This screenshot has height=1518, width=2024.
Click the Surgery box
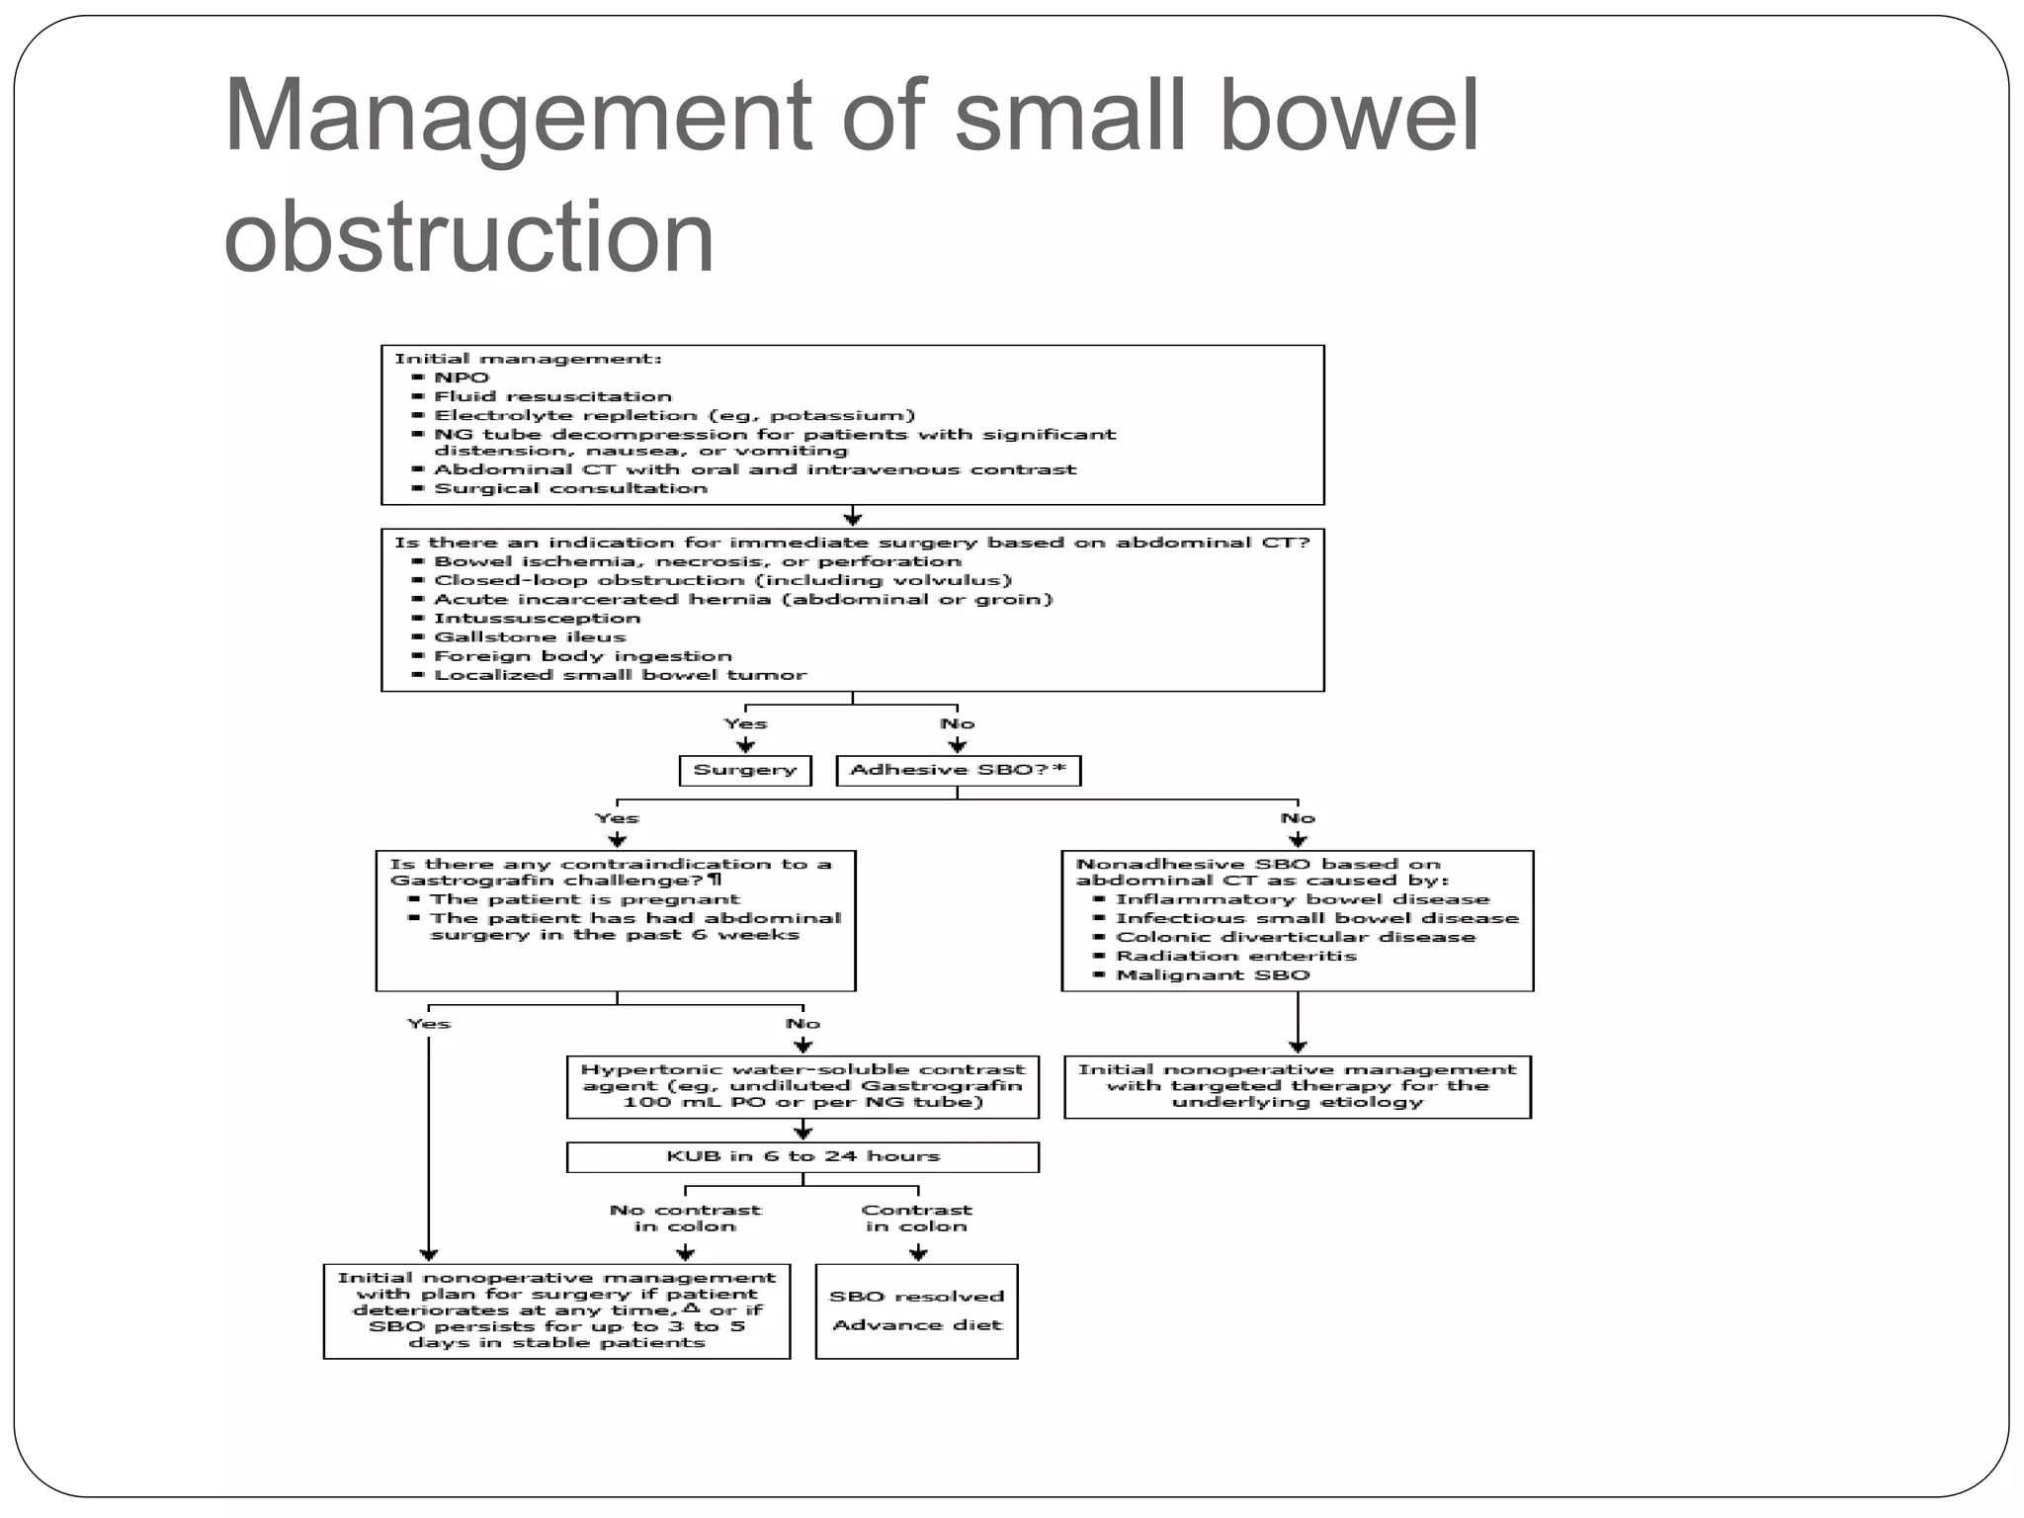coord(745,770)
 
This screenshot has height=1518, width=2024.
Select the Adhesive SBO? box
coord(958,770)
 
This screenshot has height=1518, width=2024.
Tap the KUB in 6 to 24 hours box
coord(802,1156)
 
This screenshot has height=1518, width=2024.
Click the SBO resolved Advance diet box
coord(916,1310)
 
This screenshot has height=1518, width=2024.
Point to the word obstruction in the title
coord(468,237)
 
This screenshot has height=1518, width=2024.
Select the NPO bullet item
coord(461,378)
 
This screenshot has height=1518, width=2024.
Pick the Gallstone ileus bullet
coord(530,637)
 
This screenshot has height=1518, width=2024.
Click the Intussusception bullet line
coord(537,619)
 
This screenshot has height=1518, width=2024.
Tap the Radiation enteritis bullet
coord(1235,956)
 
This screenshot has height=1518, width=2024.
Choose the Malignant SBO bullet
coord(1213,974)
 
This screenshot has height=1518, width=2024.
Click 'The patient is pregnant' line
coord(584,899)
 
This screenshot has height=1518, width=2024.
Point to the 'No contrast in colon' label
coord(685,1218)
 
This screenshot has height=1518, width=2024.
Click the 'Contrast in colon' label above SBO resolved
coord(916,1218)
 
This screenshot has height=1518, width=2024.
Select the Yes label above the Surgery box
coord(745,723)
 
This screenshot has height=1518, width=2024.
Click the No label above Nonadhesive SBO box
coord(1298,818)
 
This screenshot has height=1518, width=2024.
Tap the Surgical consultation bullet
coord(570,488)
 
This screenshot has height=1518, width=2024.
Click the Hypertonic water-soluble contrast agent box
coord(802,1086)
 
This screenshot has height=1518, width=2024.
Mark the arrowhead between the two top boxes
coord(853,519)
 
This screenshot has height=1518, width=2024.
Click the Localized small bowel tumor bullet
coord(620,675)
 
